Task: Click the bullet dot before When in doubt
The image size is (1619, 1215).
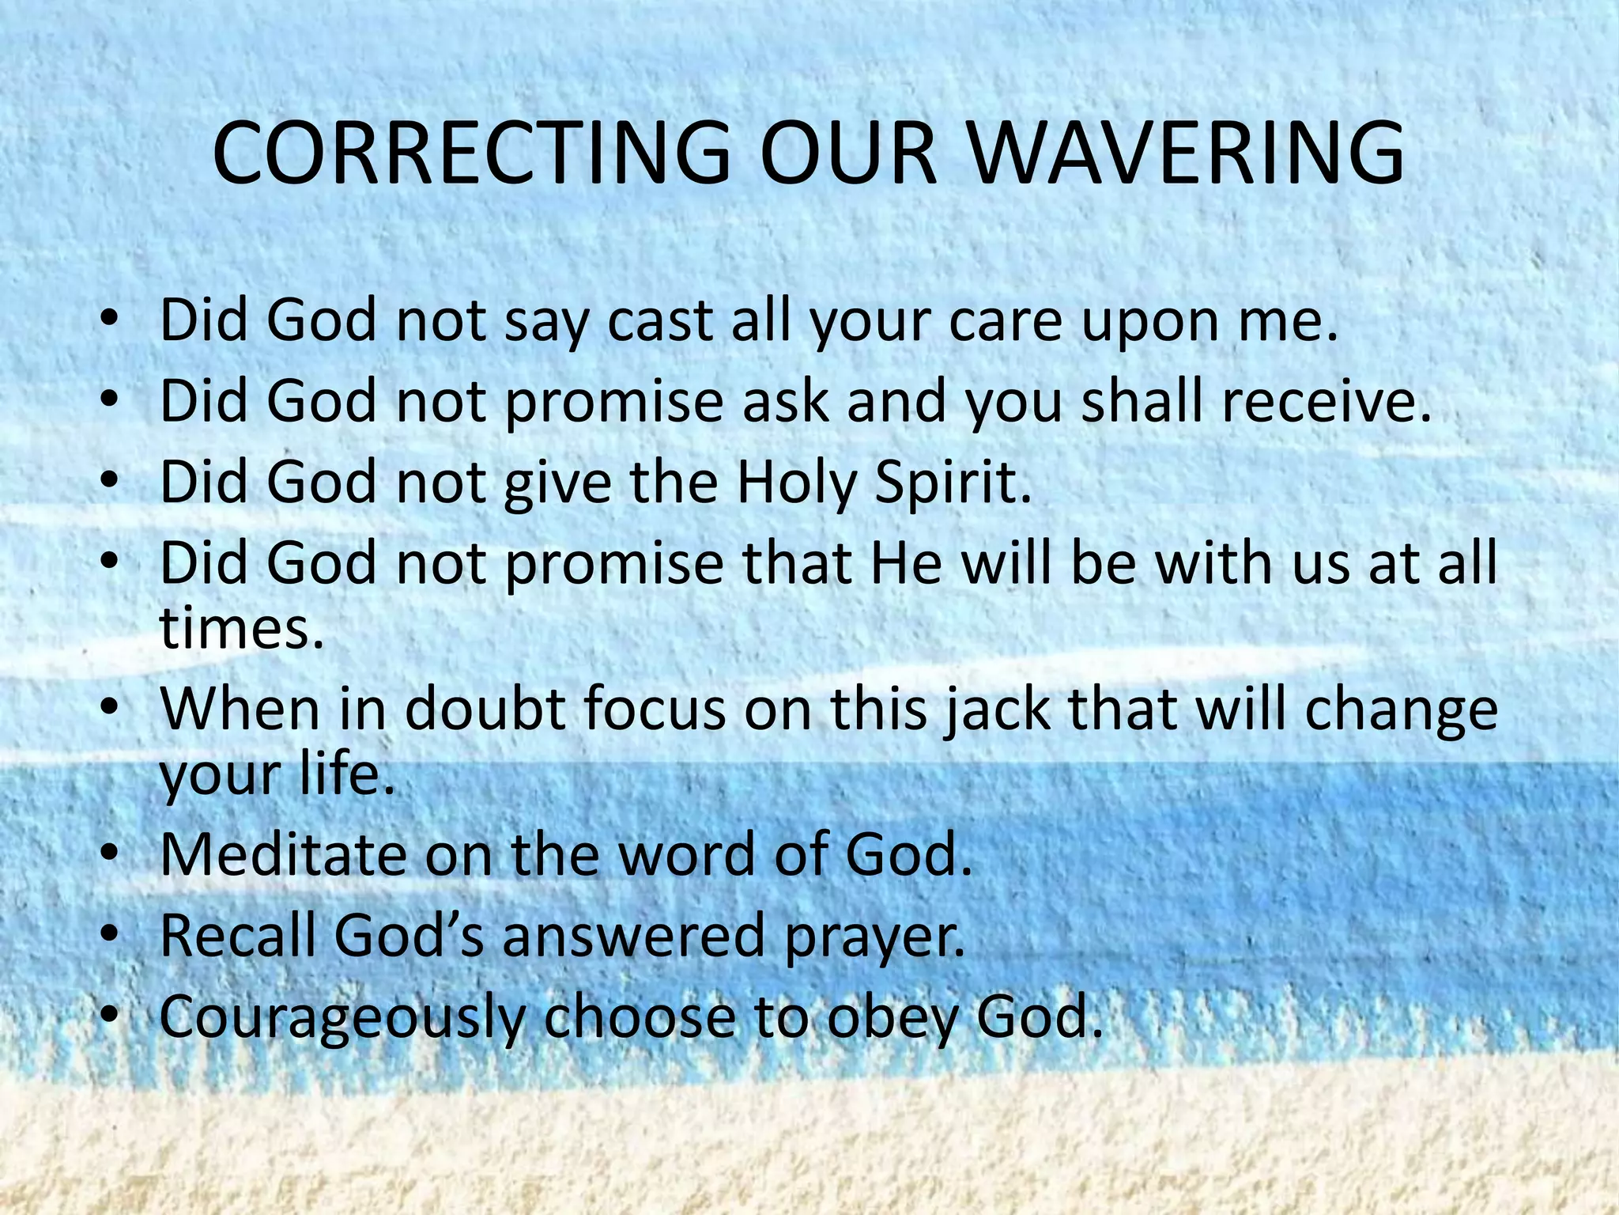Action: (110, 707)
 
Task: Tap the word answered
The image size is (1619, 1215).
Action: (633, 935)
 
